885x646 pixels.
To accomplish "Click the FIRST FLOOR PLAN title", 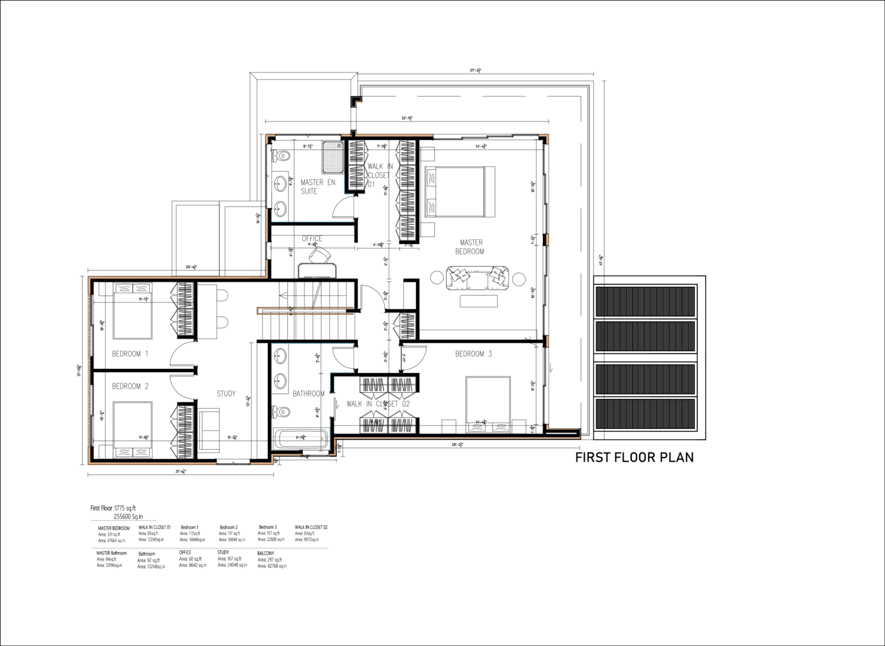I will click(634, 457).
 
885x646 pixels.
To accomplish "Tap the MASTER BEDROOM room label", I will click(470, 247).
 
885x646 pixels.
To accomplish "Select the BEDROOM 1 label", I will click(130, 354).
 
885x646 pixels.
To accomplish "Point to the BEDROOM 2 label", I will click(130, 386).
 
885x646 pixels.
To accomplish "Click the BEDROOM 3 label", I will click(473, 354).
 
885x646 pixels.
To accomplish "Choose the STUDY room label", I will click(226, 393).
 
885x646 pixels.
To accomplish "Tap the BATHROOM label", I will click(309, 393).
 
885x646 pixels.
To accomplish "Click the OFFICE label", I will click(312, 239).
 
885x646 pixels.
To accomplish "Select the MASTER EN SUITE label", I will click(317, 186).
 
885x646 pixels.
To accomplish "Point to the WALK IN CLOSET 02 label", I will click(378, 404).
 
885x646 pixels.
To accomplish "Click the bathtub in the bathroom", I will click(301, 438).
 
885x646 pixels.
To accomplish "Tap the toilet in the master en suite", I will click(281, 156).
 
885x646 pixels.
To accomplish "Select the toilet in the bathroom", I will click(282, 410).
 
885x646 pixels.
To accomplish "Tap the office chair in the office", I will click(320, 255).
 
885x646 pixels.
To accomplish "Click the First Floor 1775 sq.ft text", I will click(113, 508).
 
